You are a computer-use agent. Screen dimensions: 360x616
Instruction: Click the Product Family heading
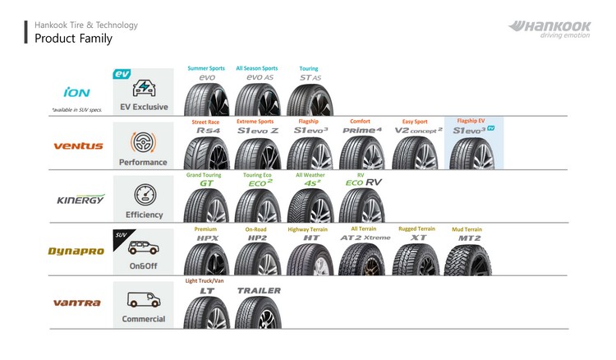tap(73, 39)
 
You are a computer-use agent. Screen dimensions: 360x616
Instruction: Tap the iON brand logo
tap(76, 92)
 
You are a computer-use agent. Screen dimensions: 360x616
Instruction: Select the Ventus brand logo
tap(78, 145)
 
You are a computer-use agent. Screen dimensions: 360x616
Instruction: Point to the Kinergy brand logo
tap(80, 200)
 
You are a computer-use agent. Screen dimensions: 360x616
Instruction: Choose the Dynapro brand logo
tap(76, 251)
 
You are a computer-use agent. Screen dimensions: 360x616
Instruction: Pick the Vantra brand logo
tap(76, 302)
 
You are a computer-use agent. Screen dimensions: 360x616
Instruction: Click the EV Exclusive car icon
tap(145, 87)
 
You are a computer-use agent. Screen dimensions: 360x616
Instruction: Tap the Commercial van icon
tap(144, 299)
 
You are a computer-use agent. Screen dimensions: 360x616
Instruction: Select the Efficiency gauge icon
tap(144, 195)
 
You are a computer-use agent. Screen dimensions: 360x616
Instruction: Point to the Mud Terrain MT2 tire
tap(467, 259)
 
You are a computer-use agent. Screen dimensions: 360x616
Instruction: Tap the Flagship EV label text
tap(471, 121)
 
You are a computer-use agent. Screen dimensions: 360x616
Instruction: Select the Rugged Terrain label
tap(416, 228)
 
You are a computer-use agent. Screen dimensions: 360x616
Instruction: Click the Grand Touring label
tap(205, 175)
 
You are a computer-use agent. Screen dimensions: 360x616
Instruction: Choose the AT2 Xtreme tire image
tap(361, 259)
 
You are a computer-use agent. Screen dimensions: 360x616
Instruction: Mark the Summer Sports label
tap(206, 68)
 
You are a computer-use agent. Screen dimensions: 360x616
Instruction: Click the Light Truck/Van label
tap(205, 281)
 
